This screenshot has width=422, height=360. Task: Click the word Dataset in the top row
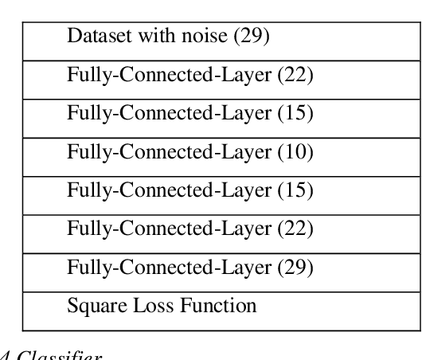(95, 36)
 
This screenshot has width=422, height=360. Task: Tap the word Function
(213, 306)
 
